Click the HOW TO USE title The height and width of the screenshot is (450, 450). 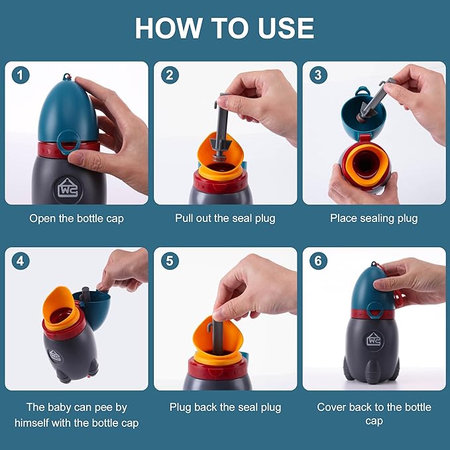pos(225,28)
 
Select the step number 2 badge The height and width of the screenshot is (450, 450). pos(169,76)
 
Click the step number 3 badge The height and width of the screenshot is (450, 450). pos(318,76)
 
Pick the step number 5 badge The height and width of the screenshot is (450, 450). pos(169,261)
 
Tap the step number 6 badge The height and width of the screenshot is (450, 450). pos(318,261)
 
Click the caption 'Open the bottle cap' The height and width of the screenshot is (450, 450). pos(76,218)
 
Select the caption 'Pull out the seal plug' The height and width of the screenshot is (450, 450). pos(225,218)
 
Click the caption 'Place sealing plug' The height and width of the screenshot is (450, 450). pos(374,218)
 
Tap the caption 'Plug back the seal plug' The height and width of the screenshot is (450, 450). pos(225,408)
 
